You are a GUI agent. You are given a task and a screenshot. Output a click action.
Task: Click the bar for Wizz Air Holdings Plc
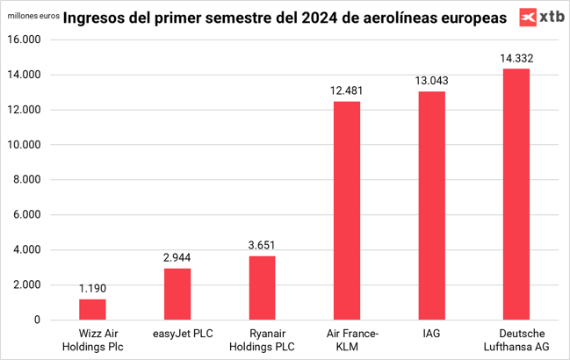92,309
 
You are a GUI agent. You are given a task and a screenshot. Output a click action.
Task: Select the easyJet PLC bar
177,293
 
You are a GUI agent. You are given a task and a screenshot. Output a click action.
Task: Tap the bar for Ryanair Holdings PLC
262,287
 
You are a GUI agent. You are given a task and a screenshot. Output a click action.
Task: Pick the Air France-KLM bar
347,211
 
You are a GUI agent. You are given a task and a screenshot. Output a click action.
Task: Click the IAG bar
431,205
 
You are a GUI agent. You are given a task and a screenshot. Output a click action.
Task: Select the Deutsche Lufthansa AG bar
516,194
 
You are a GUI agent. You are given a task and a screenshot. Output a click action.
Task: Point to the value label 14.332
516,59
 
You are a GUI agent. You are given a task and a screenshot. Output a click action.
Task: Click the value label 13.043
431,81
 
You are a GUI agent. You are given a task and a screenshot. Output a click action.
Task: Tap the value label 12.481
347,90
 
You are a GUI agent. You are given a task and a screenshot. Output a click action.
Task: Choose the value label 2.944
177,257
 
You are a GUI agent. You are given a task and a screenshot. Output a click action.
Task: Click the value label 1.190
92,288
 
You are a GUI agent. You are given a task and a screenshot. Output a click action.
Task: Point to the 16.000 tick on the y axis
25,40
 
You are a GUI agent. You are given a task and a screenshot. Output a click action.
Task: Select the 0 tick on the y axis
38,320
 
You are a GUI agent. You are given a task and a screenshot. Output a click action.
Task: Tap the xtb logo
541,16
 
